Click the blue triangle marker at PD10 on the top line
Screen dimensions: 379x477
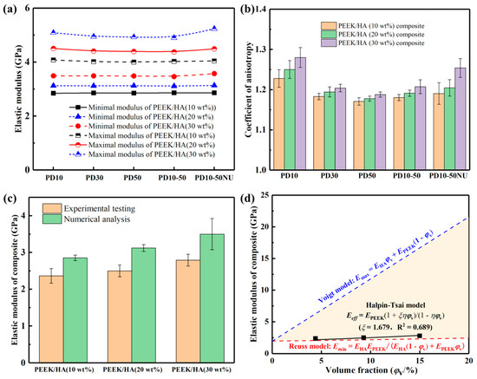[x=54, y=32]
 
